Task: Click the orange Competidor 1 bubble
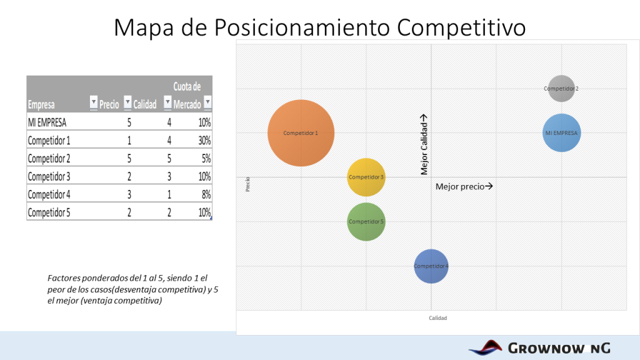click(x=301, y=133)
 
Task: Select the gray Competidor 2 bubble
click(x=561, y=88)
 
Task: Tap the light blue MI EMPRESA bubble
click(x=562, y=132)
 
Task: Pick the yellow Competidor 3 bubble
click(x=366, y=177)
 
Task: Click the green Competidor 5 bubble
click(x=366, y=221)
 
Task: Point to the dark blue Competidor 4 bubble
click(x=431, y=266)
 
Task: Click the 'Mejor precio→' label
click(x=464, y=186)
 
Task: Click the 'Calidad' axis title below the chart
click(x=437, y=318)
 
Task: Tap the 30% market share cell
click(x=204, y=140)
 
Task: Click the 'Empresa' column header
click(x=41, y=105)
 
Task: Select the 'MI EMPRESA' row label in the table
click(x=47, y=122)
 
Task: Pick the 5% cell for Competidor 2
click(x=204, y=158)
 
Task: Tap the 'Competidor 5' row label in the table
click(x=49, y=212)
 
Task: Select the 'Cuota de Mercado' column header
click(x=187, y=95)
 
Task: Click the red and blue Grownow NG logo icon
click(x=486, y=347)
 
